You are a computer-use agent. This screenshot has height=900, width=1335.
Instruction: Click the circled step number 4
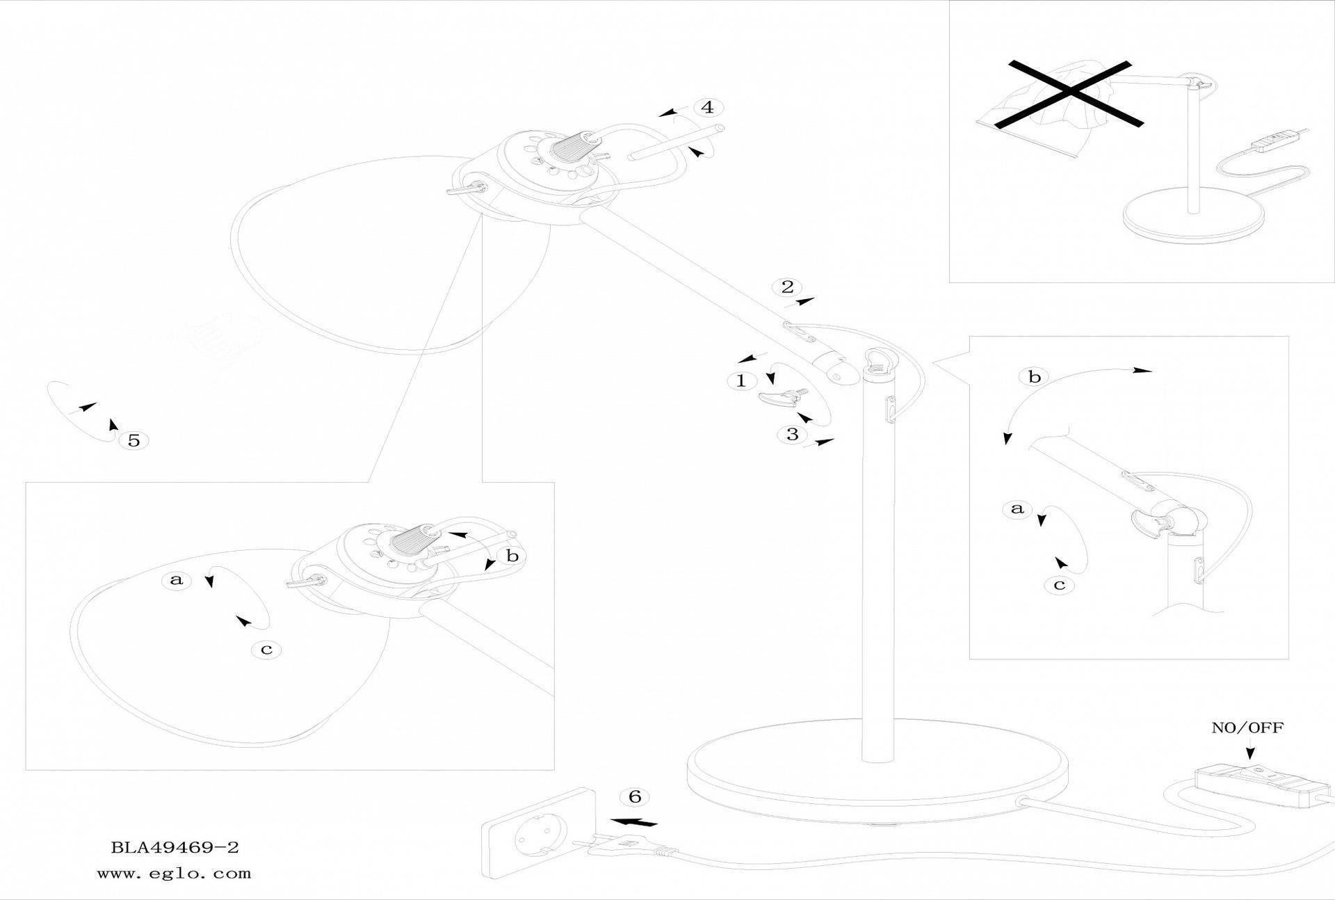click(708, 108)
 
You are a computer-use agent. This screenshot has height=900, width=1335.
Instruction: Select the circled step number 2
click(787, 287)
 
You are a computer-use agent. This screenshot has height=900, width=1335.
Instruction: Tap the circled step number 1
click(741, 380)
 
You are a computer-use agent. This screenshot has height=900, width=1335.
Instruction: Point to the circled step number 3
click(792, 435)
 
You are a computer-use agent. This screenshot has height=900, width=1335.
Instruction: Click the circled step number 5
click(134, 440)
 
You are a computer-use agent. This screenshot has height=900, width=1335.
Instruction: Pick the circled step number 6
click(634, 796)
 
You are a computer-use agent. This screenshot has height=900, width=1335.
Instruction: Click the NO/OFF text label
click(1247, 728)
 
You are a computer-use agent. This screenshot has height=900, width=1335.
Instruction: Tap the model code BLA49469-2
click(175, 848)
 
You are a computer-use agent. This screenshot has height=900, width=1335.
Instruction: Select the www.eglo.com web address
click(174, 874)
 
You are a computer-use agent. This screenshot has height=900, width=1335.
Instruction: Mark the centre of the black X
click(1069, 94)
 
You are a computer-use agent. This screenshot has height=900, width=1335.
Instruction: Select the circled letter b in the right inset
click(1035, 377)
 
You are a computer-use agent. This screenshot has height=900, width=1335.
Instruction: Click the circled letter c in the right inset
click(1059, 585)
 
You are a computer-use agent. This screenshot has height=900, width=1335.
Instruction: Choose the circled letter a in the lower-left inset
click(177, 580)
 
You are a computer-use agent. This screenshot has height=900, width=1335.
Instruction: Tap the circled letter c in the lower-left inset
click(266, 650)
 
